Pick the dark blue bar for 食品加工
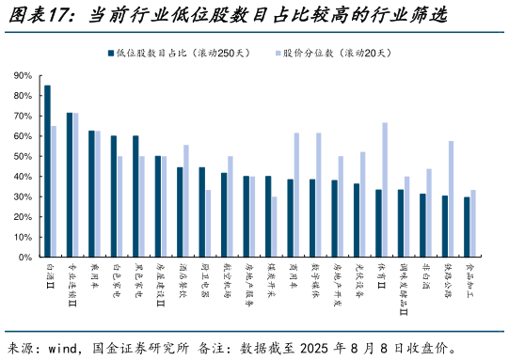point(467,227)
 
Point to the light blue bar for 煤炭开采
point(274,227)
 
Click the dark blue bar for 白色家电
point(114,196)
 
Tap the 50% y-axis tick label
point(24,156)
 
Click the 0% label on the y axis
point(26,257)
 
